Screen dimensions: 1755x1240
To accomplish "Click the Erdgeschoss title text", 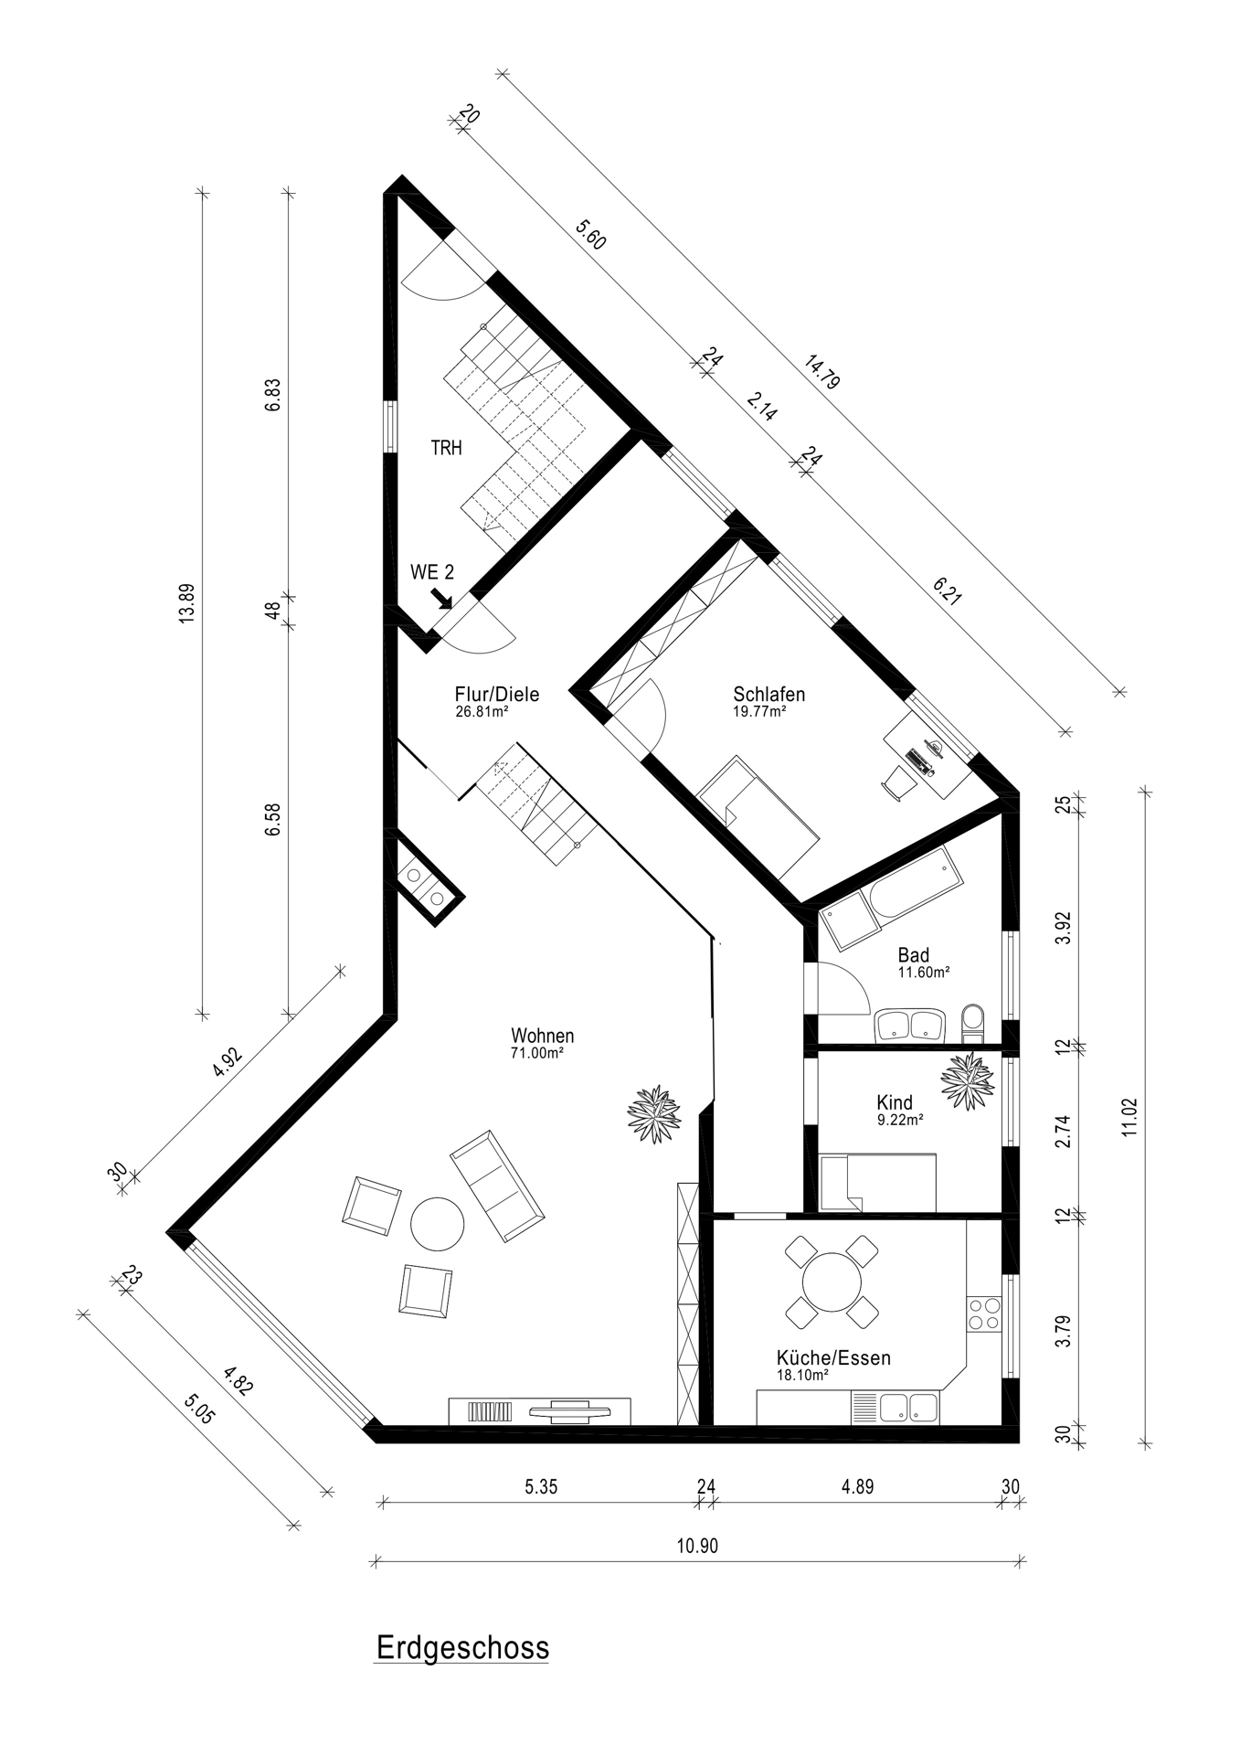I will pyautogui.click(x=462, y=1647).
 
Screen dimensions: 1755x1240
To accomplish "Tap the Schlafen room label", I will pyautogui.click(x=768, y=694).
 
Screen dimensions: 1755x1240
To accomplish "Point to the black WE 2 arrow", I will pyautogui.click(x=442, y=598).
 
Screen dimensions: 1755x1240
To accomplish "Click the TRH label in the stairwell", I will pyautogui.click(x=447, y=448).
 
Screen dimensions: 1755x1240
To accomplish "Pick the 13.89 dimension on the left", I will pyautogui.click(x=187, y=603).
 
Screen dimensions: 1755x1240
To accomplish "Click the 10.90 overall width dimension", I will pyautogui.click(x=697, y=1546).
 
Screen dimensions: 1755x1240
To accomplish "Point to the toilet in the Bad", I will pyautogui.click(x=974, y=1023).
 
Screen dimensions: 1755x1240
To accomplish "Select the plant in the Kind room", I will pyautogui.click(x=968, y=1081).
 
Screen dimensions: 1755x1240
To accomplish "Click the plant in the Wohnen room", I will pyautogui.click(x=654, y=1113).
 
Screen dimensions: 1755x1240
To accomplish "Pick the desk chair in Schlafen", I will pyautogui.click(x=897, y=782).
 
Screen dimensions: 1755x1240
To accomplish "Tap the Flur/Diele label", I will pyautogui.click(x=497, y=694).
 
